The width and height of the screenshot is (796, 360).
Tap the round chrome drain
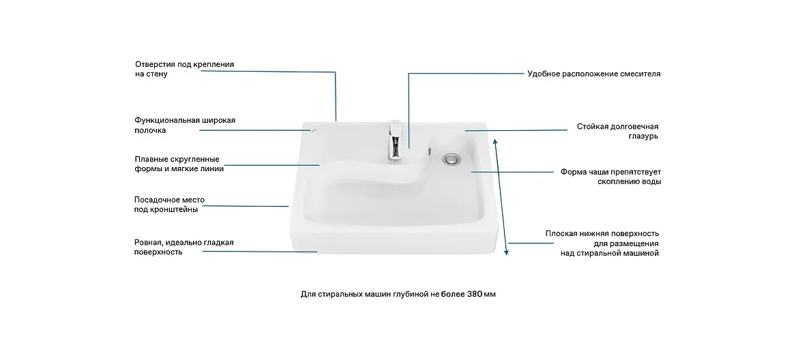[x=451, y=159]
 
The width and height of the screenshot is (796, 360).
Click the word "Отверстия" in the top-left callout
[x=154, y=65]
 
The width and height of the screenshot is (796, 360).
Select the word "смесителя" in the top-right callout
[x=640, y=74]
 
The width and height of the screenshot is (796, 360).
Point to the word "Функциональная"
[x=164, y=120]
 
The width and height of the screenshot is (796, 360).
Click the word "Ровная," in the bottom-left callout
[x=148, y=243]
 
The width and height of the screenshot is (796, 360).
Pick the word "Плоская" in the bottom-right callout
[x=561, y=234]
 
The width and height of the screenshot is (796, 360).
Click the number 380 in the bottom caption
[x=475, y=295]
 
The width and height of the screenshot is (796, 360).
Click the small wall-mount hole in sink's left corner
[x=314, y=130]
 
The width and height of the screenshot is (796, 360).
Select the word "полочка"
[x=150, y=130]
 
